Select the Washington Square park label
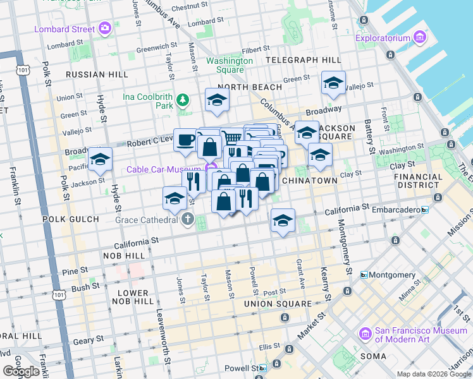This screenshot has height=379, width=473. pyautogui.click(x=230, y=65)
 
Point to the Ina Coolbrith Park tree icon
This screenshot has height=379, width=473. pyautogui.click(x=183, y=99)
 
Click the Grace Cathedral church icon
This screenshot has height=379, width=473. pyautogui.click(x=187, y=219)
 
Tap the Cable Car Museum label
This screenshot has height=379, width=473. pyautogui.click(x=164, y=169)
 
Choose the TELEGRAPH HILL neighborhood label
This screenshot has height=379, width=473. pyautogui.click(x=304, y=60)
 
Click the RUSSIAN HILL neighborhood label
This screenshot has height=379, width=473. pyautogui.click(x=97, y=75)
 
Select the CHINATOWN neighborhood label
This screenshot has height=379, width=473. pyautogui.click(x=309, y=181)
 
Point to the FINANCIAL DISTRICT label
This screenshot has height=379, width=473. pyautogui.click(x=418, y=181)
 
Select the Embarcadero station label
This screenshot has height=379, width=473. pyautogui.click(x=396, y=209)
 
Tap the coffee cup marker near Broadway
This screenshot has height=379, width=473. pyautogui.click(x=185, y=140)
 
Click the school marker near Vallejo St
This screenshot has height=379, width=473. pyautogui.click(x=333, y=83)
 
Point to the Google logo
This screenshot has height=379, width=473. pyautogui.click(x=21, y=371)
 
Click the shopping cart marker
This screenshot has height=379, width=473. pyautogui.click(x=232, y=136)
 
